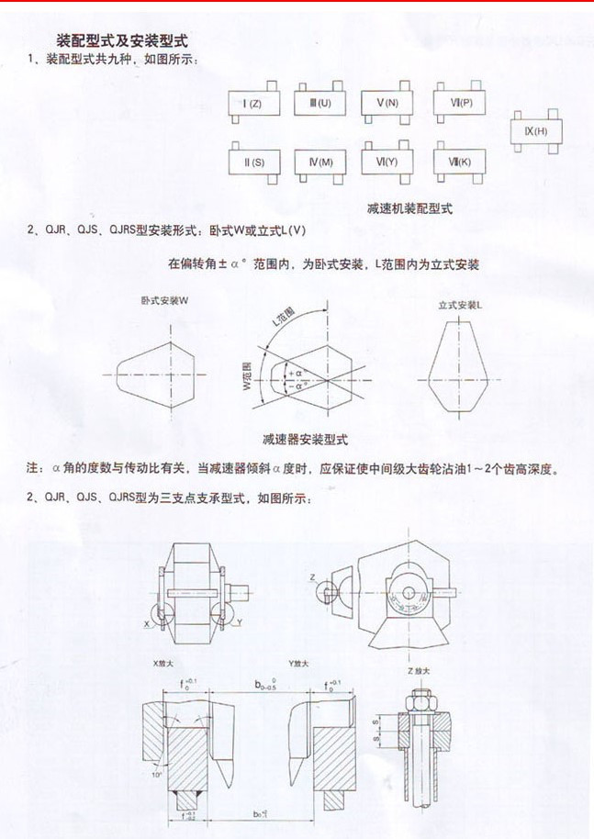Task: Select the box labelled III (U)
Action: pos(320,103)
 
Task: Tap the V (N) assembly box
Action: pos(387,103)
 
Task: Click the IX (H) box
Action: pos(535,131)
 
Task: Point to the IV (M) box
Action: pos(320,162)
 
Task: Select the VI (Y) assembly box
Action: pos(387,162)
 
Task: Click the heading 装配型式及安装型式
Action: pos(122,41)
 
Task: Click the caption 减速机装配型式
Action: pos(409,208)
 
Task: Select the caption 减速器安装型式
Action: pos(306,439)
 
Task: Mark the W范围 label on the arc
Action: pos(246,375)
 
